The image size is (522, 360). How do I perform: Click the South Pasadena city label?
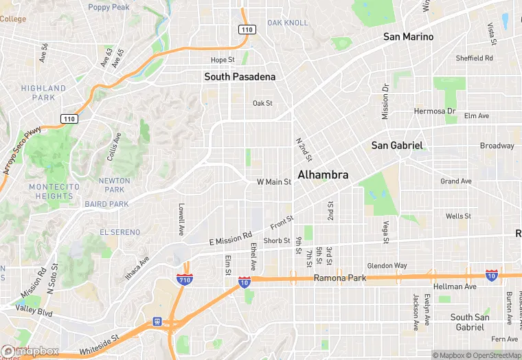coord(240,77)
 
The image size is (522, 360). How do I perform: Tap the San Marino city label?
coord(408,36)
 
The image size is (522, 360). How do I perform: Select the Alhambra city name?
coord(323,175)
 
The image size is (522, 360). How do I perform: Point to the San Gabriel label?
coord(396,146)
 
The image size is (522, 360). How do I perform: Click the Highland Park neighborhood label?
coord(43,93)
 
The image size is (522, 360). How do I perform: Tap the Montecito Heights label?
coord(54,191)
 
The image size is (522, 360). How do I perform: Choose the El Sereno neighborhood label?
coord(120,232)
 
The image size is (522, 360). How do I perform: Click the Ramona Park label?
coord(339,278)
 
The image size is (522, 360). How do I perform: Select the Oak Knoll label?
coord(288,23)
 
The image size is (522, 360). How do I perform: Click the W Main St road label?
coord(274,182)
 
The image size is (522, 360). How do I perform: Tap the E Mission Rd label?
coord(230,240)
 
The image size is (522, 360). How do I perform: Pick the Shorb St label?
coord(277,240)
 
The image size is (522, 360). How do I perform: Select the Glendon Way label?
coord(387,266)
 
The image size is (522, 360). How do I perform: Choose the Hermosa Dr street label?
coord(434,111)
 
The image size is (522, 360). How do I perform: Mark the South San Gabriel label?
coord(470,322)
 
